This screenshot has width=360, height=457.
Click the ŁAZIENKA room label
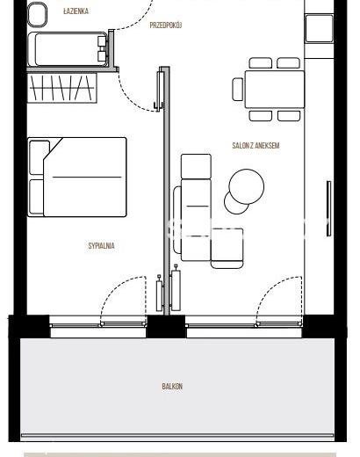(76, 11)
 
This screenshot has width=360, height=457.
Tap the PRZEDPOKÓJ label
(166, 25)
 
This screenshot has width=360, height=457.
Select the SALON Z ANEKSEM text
(256, 145)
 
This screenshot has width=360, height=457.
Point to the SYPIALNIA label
(101, 245)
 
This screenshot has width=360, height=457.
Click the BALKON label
(172, 387)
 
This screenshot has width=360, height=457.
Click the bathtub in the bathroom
(68, 49)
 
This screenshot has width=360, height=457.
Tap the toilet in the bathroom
(37, 14)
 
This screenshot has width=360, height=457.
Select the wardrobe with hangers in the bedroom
(62, 88)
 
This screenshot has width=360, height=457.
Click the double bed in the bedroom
(77, 177)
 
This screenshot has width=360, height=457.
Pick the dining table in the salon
(275, 89)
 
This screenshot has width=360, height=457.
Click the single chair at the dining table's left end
(238, 89)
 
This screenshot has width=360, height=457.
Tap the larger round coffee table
(247, 186)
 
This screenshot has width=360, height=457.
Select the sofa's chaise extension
(227, 248)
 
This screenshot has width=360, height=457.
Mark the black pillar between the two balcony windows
(166, 326)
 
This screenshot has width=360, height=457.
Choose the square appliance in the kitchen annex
(319, 28)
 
